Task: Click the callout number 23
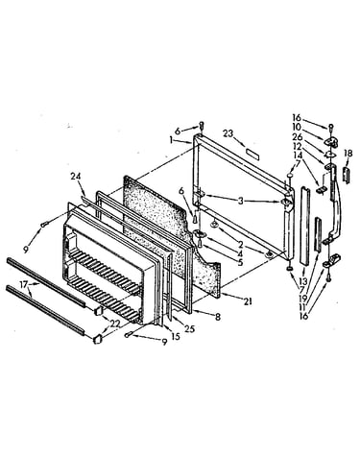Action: pos(228,133)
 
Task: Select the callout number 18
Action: pos(348,154)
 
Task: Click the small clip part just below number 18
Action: pos(346,174)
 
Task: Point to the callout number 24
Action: pos(76,177)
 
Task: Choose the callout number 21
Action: pos(248,301)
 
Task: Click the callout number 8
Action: pos(218,317)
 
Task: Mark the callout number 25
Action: pos(190,328)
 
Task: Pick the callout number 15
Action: pos(176,336)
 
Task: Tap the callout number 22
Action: pos(114,324)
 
